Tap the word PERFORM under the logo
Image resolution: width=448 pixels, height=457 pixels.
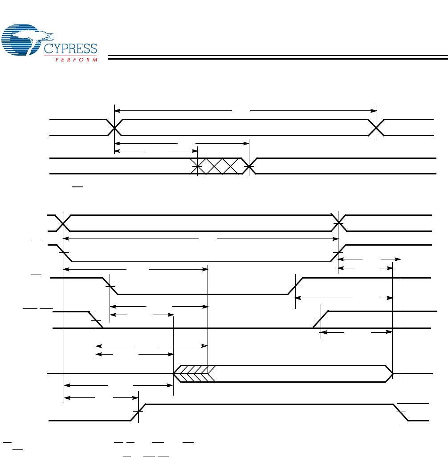pyautogui.click(x=76, y=59)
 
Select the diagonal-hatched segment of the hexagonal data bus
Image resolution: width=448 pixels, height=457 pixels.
pyautogui.click(x=195, y=373)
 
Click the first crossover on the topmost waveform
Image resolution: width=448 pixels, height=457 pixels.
pyautogui.click(x=115, y=128)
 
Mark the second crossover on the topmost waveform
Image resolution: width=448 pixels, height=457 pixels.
pyautogui.click(x=376, y=128)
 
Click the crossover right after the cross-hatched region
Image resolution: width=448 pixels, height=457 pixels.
pyautogui.click(x=249, y=166)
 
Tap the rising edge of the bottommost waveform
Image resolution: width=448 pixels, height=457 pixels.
pyautogui.click(x=139, y=412)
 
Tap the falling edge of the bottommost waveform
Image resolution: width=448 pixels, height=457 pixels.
pyautogui.click(x=401, y=412)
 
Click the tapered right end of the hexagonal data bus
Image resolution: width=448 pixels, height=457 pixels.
pyautogui.click(x=390, y=373)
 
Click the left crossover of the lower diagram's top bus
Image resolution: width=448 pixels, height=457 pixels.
pyautogui.click(x=64, y=223)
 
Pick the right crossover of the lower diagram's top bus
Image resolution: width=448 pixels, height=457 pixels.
pyautogui.click(x=339, y=223)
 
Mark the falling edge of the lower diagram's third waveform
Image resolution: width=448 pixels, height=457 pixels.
pyautogui.click(x=110, y=286)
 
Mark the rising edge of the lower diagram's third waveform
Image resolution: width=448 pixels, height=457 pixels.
pyautogui.click(x=295, y=286)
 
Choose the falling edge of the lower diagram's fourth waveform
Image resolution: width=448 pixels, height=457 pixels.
pyautogui.click(x=96, y=320)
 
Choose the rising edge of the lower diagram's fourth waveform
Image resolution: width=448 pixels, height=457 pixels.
pyautogui.click(x=321, y=320)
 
